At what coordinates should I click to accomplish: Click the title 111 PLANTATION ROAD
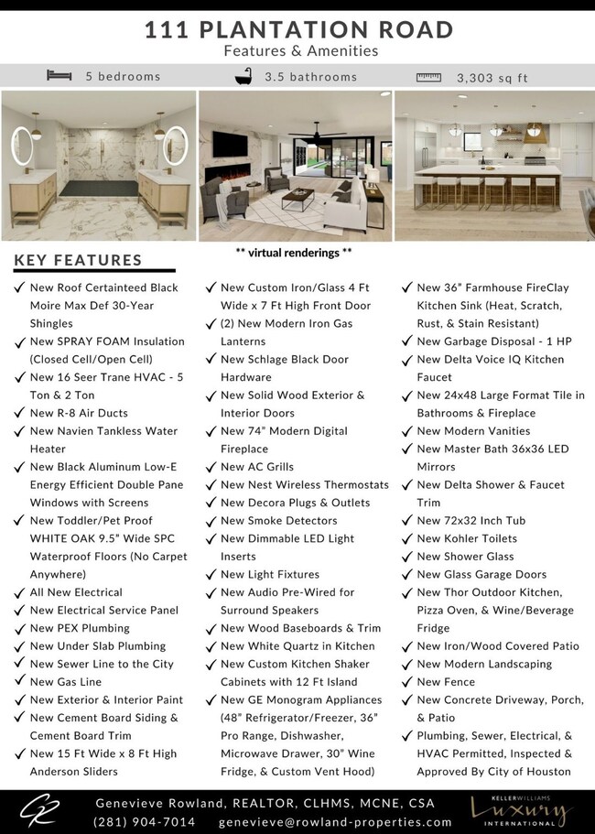(299, 29)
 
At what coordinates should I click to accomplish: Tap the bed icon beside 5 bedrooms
(59, 76)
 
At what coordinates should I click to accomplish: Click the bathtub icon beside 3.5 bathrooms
(243, 76)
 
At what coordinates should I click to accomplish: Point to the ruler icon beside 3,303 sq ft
(428, 77)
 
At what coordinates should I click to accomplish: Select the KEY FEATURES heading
(79, 260)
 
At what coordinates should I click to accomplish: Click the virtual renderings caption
(294, 251)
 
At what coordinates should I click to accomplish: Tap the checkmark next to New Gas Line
(19, 682)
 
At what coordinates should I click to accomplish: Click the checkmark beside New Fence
(407, 682)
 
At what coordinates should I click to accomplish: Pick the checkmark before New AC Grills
(211, 467)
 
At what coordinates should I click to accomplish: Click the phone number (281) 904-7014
(144, 821)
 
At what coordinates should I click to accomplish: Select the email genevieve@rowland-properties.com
(336, 821)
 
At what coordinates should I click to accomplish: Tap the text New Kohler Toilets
(467, 538)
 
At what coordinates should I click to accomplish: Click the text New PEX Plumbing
(80, 628)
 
